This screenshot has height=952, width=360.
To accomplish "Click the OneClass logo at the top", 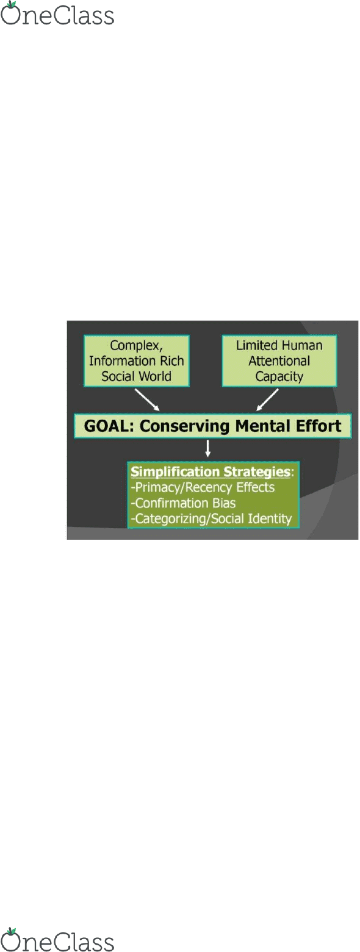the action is pos(57,13).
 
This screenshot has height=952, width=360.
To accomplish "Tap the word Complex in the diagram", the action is pos(136,346).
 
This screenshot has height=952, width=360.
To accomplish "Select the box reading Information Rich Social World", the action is pos(137,361).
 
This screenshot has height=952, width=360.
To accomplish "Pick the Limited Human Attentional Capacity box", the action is pos(279,361).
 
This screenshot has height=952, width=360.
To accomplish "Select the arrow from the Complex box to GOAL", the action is pos(147,400).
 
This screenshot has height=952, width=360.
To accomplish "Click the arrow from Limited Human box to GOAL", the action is pos(267,400).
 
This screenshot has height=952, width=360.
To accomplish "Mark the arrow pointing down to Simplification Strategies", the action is pos(208,449).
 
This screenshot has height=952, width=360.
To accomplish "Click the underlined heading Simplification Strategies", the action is pos(211,472).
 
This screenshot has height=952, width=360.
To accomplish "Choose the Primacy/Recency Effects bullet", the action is pos(203,487).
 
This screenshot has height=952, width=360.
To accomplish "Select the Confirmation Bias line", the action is pos(183,503).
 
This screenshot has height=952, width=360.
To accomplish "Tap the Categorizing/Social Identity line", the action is pos(211,519).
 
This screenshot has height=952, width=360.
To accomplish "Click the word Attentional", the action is pos(279,361).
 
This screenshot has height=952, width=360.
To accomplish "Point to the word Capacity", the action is pos(279,376).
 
